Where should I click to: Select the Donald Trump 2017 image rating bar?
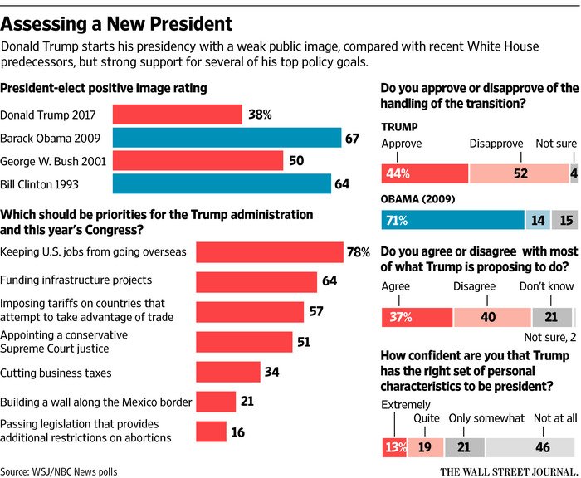click(177, 115)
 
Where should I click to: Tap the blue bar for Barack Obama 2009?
click(227, 138)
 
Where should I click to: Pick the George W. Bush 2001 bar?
click(198, 160)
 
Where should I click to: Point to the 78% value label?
click(359, 252)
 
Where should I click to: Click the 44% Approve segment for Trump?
click(424, 173)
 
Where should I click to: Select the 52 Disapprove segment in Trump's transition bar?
click(519, 173)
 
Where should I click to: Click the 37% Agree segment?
click(417, 317)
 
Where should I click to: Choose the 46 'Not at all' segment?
click(531, 447)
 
